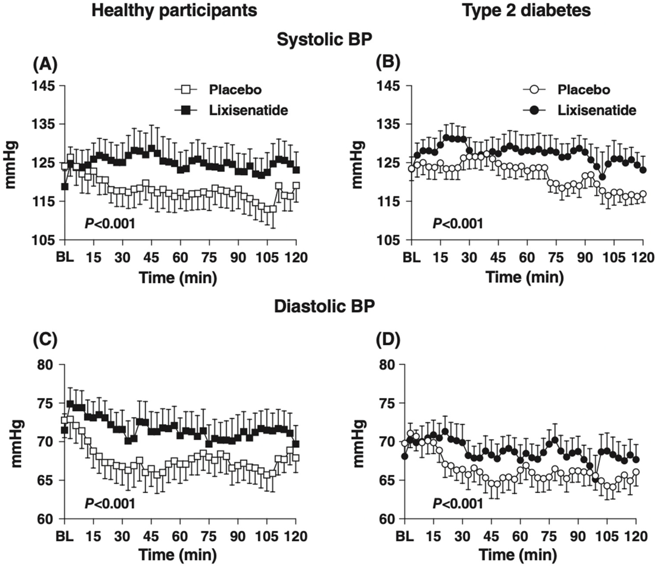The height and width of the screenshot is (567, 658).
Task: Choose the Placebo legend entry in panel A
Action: tap(235, 90)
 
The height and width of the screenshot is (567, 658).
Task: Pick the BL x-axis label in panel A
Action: tap(65, 257)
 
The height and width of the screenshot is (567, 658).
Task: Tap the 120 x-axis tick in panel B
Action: tap(643, 257)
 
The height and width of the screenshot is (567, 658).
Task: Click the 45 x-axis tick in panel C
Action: tap(151, 536)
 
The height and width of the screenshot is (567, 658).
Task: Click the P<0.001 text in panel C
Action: tap(110, 503)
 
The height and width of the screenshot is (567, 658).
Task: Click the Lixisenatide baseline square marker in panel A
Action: tap(65, 187)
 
